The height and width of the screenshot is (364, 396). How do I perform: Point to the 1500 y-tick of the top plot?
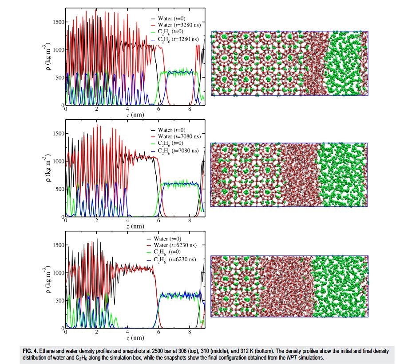coord(58,22)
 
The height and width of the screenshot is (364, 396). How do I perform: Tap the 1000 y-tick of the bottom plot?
coord(58,273)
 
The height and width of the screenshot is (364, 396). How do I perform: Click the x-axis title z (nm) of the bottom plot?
coord(135,338)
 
